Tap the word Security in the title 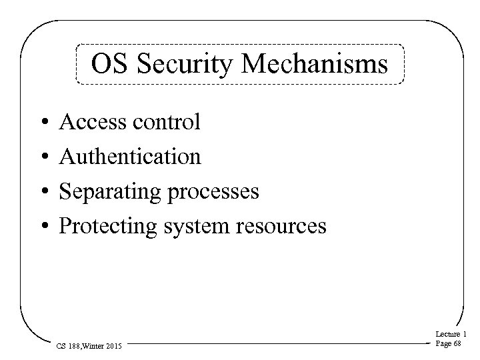[177, 65]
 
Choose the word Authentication [130, 157]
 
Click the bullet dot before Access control [41, 123]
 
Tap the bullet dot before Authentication [41, 157]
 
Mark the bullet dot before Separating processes [41, 192]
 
